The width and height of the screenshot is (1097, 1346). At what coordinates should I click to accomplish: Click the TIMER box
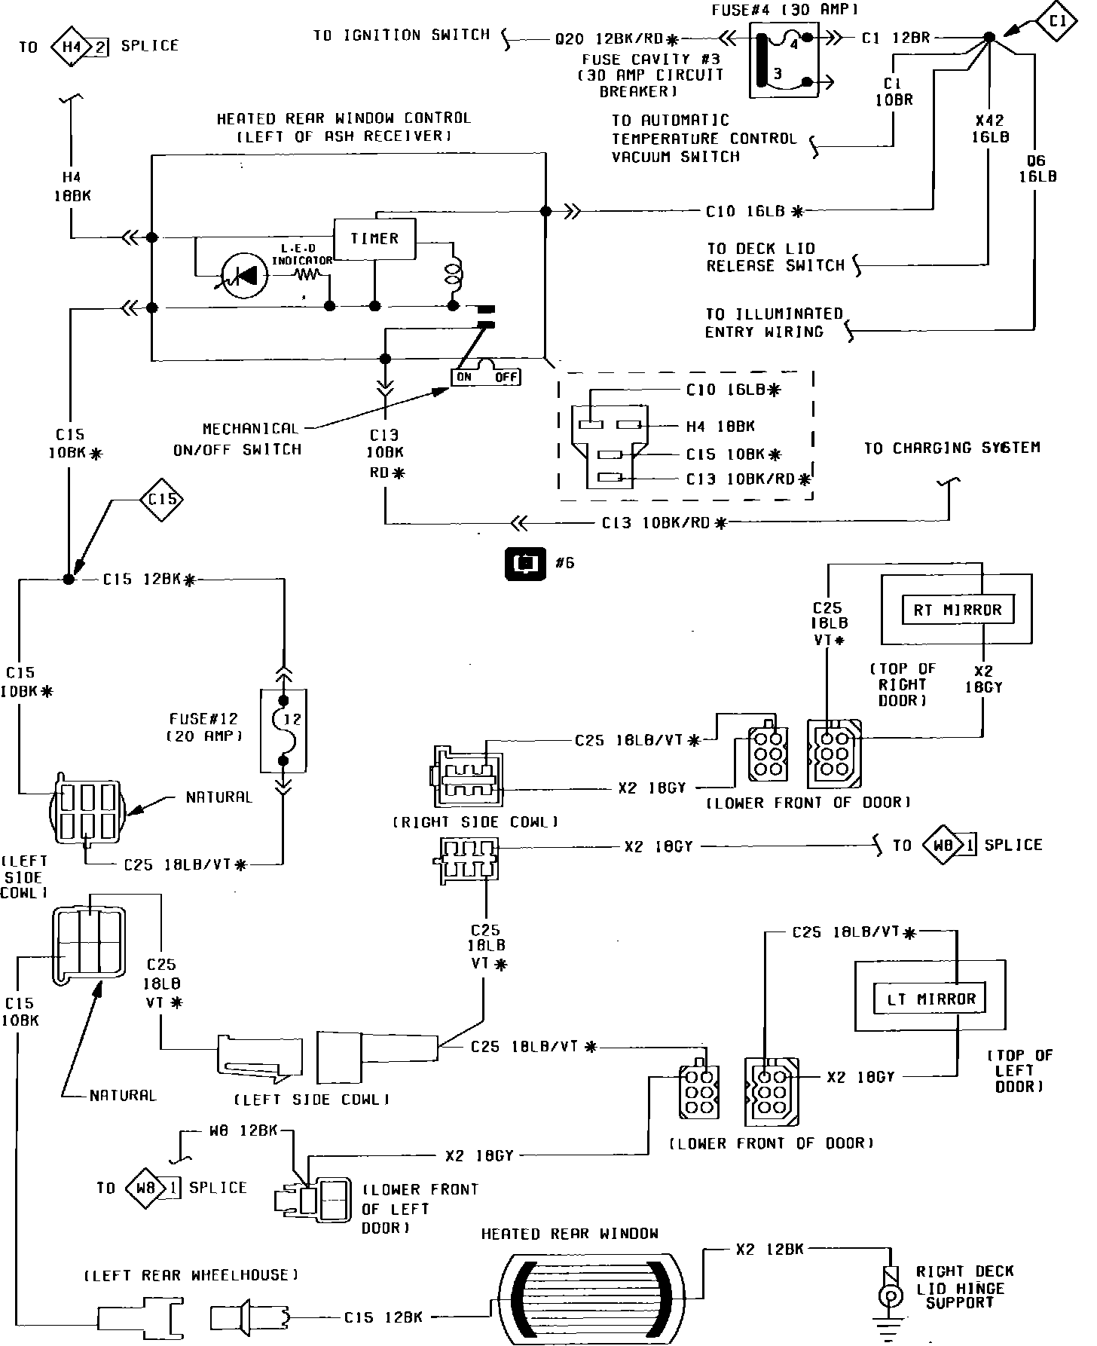374,239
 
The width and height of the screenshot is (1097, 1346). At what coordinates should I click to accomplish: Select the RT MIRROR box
957,610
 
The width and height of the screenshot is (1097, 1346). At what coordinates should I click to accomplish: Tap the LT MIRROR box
930,999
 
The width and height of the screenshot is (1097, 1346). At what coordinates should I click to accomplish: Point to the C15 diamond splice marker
162,500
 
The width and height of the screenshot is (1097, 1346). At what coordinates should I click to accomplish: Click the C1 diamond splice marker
1057,21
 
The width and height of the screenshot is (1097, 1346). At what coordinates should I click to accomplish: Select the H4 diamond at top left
72,47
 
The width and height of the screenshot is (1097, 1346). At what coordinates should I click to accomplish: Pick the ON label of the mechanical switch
465,376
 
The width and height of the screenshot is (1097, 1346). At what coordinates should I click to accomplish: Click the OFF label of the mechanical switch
506,376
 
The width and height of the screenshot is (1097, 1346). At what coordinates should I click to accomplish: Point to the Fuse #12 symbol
283,730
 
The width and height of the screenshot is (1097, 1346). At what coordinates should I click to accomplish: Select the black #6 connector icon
525,564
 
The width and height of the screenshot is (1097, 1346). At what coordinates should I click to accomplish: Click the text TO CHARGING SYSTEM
952,448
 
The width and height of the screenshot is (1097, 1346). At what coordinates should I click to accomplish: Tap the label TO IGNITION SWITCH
402,35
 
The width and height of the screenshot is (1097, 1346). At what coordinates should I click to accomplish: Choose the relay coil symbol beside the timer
454,274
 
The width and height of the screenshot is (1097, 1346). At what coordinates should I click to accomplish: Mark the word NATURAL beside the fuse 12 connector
219,797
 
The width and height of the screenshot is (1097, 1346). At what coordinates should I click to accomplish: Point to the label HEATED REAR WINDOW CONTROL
344,118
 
